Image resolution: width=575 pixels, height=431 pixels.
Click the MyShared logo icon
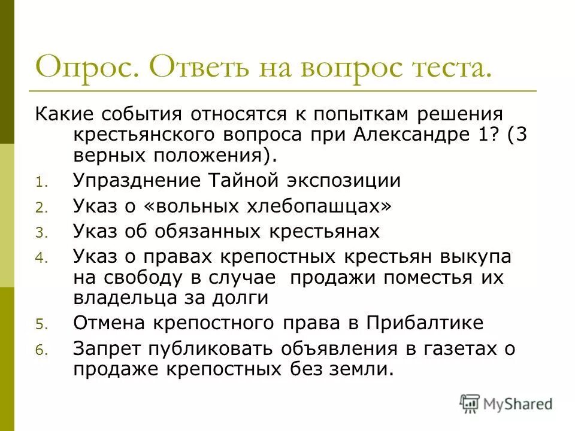click(x=470, y=403)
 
